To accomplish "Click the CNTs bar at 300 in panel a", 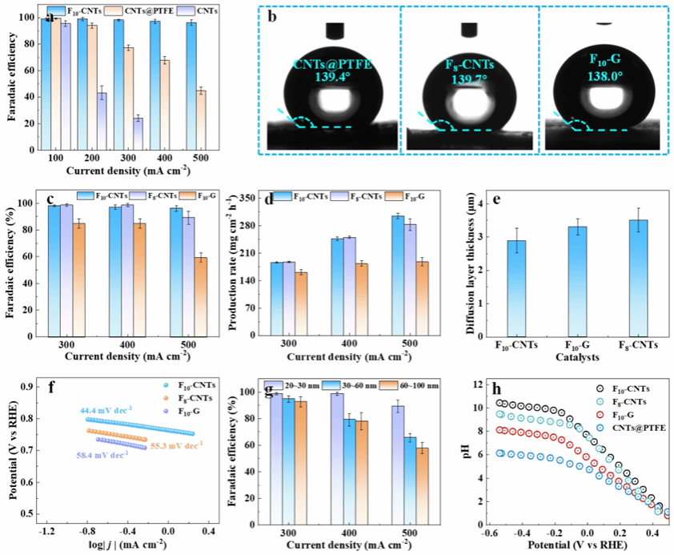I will pyautogui.click(x=138, y=132).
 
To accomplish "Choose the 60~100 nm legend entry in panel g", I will pyautogui.click(x=415, y=385).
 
